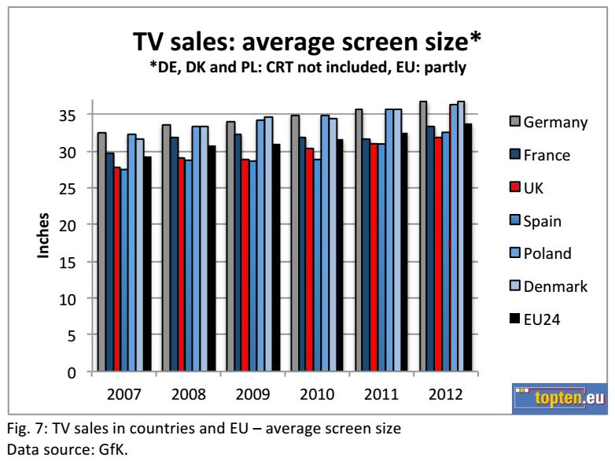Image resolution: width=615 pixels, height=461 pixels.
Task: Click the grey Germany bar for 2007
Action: (x=101, y=252)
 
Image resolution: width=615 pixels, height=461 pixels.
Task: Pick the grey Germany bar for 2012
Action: (x=423, y=236)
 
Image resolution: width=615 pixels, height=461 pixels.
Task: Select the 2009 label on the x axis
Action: (x=253, y=393)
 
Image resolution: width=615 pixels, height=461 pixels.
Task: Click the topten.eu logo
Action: (x=560, y=398)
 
